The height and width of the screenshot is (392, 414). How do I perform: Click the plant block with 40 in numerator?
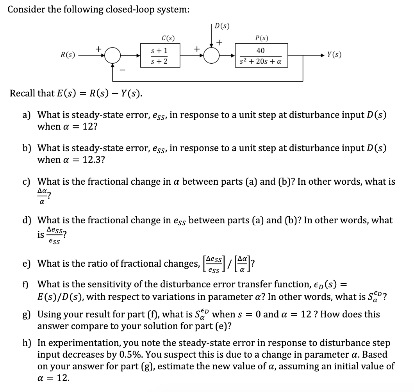261,56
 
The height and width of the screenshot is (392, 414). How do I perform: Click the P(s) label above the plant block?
261,38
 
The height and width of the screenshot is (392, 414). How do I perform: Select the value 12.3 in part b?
93,160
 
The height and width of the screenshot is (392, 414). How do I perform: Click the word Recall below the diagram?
22,94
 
